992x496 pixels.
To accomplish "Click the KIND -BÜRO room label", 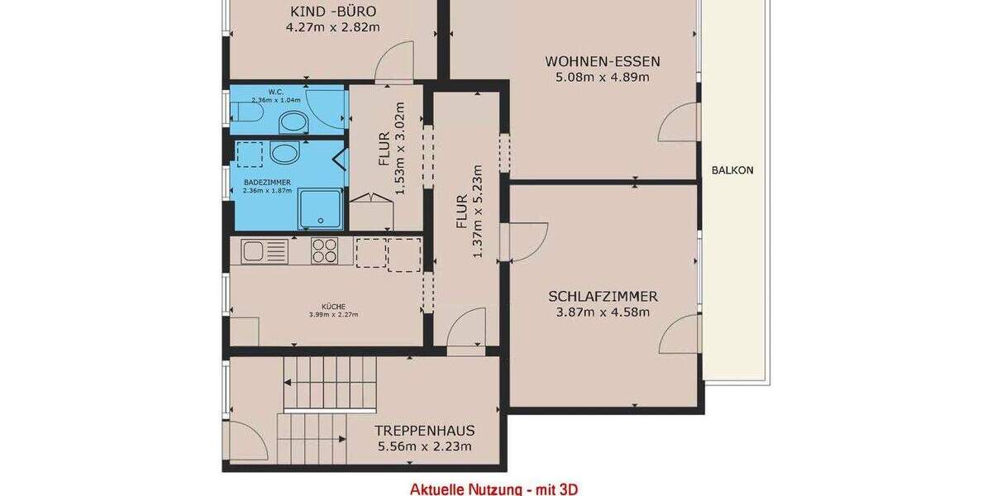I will pos(332,12).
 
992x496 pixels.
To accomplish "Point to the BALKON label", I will pos(732,170).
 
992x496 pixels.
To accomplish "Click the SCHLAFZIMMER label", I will pos(602,296).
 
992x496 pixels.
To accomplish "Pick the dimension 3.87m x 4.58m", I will pos(602,312).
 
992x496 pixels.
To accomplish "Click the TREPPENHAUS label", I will pos(424,431).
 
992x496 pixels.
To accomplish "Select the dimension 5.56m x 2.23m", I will pos(424,446).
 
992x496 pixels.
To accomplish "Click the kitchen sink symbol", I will pos(264,250).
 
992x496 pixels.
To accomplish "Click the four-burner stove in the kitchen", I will pos(324,250).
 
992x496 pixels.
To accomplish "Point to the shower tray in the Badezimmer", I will pos(320,210).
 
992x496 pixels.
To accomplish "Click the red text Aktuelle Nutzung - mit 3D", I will pos(494,489).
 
